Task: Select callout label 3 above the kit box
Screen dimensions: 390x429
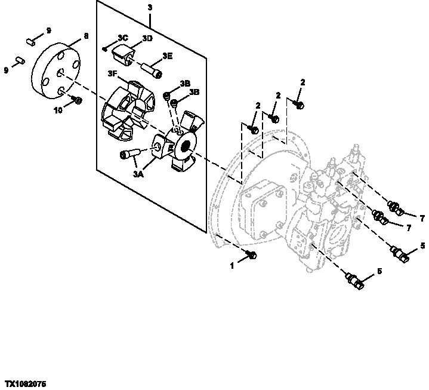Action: (x=149, y=8)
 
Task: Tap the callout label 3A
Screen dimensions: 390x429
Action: (x=138, y=174)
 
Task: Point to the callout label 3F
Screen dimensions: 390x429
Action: (x=112, y=73)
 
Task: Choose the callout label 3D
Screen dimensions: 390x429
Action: (x=147, y=38)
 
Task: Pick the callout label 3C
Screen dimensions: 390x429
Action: (x=122, y=38)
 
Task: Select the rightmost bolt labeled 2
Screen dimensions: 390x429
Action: (x=300, y=105)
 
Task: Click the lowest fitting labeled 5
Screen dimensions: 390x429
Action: (x=356, y=281)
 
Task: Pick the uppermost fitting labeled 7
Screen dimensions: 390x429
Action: (x=394, y=208)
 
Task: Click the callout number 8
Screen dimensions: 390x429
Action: (x=86, y=36)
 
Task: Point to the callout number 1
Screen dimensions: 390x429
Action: (x=232, y=266)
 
